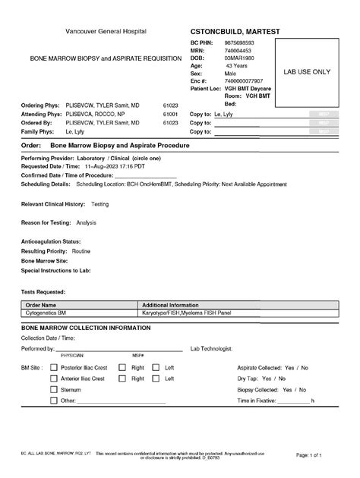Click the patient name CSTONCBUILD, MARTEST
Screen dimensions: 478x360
pyautogui.click(x=235, y=31)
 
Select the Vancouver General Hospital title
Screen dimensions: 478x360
pyautogui.click(x=106, y=31)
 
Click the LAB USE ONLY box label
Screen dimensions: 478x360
pyautogui.click(x=307, y=71)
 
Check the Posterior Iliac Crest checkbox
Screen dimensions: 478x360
pyautogui.click(x=54, y=367)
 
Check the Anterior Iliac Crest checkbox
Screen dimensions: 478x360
pyautogui.click(x=54, y=378)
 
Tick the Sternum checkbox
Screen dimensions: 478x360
pyautogui.click(x=54, y=389)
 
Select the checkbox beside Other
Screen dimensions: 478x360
pyautogui.click(x=54, y=400)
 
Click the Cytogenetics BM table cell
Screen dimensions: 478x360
pyautogui.click(x=46, y=312)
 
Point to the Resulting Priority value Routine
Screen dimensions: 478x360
pyautogui.click(x=81, y=250)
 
